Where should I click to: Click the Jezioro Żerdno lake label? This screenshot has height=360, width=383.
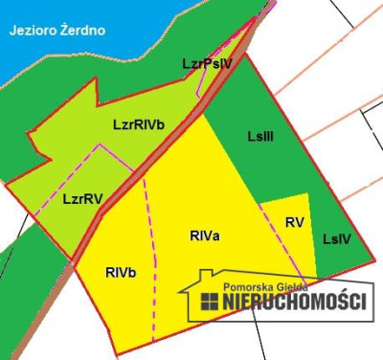(x=57, y=31)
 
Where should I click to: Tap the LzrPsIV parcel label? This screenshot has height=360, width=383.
(x=207, y=64)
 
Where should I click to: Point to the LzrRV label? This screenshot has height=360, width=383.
(x=82, y=199)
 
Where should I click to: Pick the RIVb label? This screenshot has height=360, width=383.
(x=121, y=273)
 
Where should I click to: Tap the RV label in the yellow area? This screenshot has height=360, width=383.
(x=295, y=222)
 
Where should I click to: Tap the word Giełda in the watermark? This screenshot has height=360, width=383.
(x=307, y=284)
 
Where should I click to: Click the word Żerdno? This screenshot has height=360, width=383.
(x=83, y=31)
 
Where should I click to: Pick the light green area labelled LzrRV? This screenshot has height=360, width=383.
(x=57, y=215)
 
